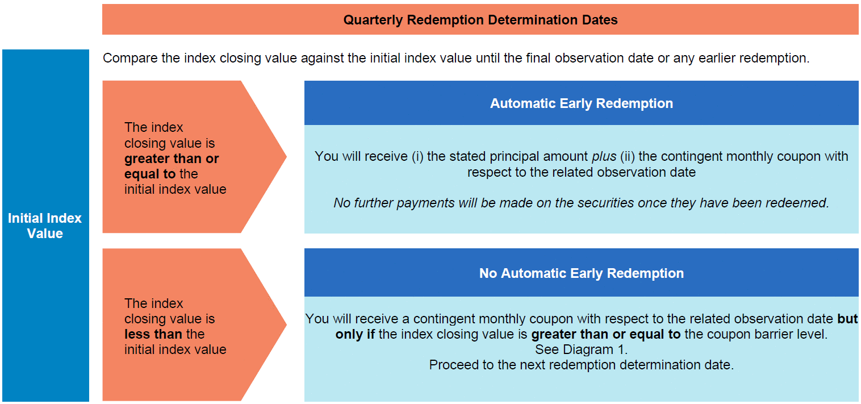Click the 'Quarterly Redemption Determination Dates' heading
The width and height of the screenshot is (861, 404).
coord(480,20)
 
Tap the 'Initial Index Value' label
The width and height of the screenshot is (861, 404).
coord(45,226)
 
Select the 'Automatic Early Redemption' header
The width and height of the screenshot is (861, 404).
coord(581,103)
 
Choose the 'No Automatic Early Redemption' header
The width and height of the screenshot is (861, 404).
coord(581,273)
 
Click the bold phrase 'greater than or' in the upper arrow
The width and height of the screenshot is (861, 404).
coord(172,159)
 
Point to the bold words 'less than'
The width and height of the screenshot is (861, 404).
coord(153,334)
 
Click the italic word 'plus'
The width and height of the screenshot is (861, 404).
coord(604,157)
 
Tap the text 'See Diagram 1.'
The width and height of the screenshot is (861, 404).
coord(581,349)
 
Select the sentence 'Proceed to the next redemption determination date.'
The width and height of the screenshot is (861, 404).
coord(581,365)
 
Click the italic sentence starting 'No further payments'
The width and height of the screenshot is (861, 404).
coord(581,203)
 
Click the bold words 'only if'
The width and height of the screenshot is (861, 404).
coord(355,335)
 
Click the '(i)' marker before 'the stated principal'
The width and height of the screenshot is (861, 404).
coord(417,157)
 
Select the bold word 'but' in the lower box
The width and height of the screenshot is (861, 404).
coord(847,319)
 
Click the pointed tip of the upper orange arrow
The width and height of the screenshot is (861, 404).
coord(286,156)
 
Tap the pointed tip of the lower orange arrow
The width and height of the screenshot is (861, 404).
coord(286,324)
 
